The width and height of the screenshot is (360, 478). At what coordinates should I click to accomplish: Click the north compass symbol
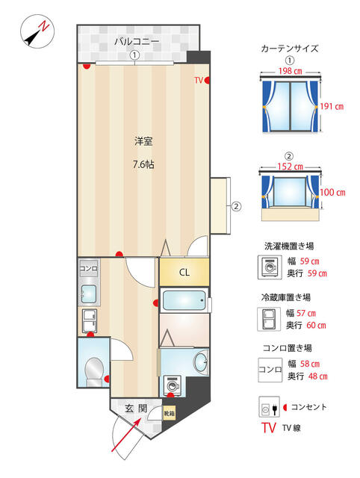point(37,31)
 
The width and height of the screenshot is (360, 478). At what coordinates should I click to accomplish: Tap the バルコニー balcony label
point(137,41)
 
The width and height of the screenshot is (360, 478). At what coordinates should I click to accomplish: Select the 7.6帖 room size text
point(143,164)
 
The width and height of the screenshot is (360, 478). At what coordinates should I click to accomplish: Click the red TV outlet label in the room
point(199,80)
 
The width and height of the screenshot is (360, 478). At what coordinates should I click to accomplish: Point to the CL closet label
point(184,272)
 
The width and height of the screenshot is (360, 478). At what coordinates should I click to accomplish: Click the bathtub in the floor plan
point(184,300)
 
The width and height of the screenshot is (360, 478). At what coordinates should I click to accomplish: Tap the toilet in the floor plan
point(93,371)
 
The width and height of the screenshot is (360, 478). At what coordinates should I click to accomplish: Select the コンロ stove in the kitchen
point(88,269)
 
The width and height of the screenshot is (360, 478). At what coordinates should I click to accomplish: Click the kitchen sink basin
point(89,294)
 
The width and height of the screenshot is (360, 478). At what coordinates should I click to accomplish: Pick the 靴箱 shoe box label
point(170,413)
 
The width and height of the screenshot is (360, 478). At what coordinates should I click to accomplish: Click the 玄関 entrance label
point(136,409)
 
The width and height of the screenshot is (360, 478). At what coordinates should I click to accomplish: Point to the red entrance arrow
point(126,435)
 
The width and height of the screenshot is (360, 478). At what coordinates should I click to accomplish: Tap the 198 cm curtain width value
point(290,71)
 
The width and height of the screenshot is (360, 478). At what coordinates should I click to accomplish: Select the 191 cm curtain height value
point(332,106)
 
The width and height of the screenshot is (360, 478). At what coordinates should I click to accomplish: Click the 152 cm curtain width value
point(291,167)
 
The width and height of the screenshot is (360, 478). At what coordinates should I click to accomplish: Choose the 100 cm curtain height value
point(332,193)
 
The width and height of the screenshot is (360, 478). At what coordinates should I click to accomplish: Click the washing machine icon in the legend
point(270,267)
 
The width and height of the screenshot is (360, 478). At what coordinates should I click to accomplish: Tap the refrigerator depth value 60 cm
point(316,326)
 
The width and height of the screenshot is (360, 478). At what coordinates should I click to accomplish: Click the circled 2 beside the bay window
point(236,206)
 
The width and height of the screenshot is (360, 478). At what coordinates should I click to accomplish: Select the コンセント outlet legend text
point(308,407)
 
